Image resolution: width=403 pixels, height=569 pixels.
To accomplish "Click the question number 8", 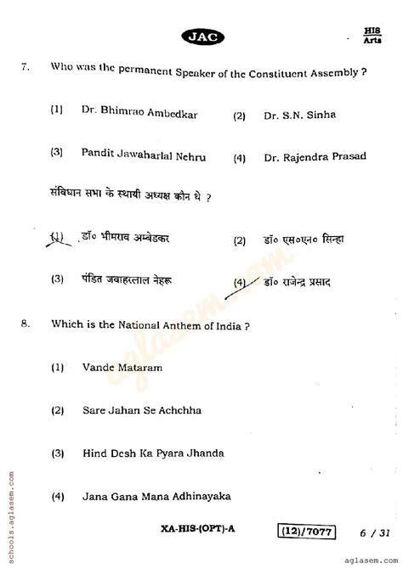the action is coord(26,324).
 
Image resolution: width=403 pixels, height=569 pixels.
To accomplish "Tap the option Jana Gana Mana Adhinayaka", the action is coord(156,496).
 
